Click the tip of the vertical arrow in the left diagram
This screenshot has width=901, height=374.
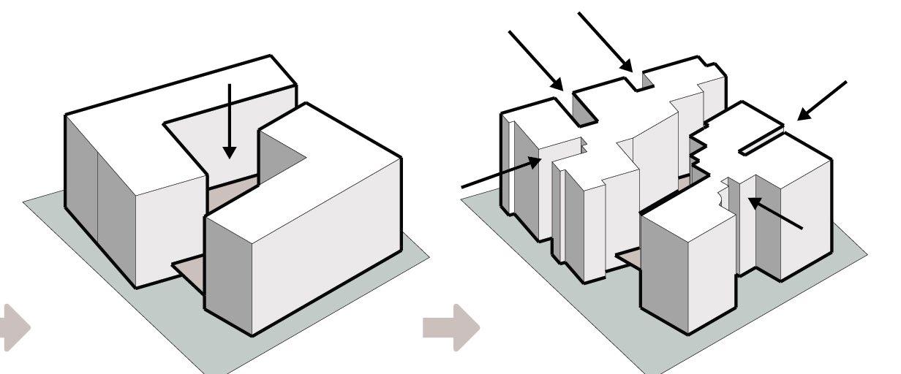pos(230,156)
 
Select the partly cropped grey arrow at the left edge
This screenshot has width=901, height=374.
pos(14,327)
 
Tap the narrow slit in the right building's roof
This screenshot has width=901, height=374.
pos(761,142)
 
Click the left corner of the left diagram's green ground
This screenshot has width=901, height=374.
pos(26,200)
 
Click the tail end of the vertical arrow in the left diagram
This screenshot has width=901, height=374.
pos(230,86)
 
